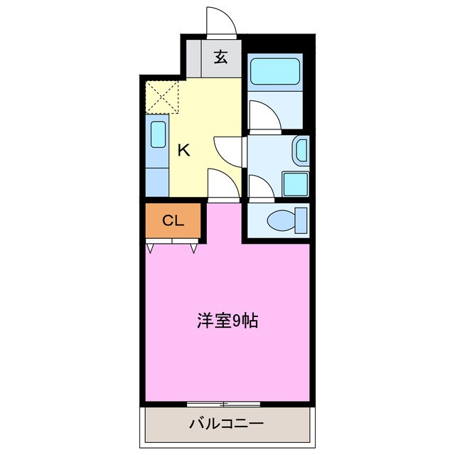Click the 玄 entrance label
point(220,58)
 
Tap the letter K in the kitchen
point(183,150)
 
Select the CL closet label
point(173,221)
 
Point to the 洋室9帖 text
point(227,321)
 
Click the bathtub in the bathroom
point(277,71)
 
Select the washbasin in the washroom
point(301,150)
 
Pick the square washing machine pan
point(295,184)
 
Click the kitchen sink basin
point(158,134)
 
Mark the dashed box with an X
point(163,96)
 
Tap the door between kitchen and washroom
point(230,149)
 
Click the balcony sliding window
point(223,404)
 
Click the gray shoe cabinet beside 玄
point(193,58)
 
